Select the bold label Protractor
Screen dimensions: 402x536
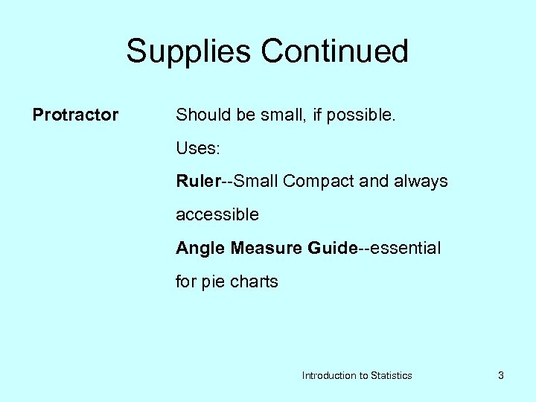(x=75, y=115)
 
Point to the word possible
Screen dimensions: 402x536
(x=366, y=115)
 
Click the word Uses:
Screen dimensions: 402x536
(x=197, y=148)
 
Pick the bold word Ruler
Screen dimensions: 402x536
(x=197, y=182)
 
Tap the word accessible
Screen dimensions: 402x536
(x=217, y=215)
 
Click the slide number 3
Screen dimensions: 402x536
(x=501, y=376)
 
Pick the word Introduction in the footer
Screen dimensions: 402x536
(x=329, y=376)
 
